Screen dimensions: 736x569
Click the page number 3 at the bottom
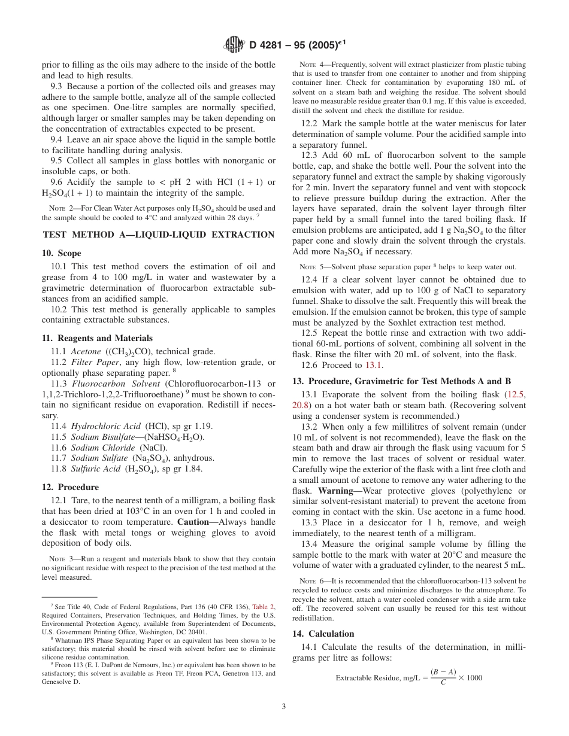(x=284, y=706)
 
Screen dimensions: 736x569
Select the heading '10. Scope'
(x=61, y=254)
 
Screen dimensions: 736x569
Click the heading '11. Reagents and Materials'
(x=97, y=338)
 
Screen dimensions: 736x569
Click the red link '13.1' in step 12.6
(x=374, y=366)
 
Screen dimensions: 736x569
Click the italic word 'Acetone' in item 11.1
(x=86, y=351)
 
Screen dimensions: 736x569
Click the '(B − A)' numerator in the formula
(x=443, y=672)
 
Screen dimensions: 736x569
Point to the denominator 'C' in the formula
(x=443, y=683)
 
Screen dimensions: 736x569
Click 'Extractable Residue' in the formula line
(x=365, y=678)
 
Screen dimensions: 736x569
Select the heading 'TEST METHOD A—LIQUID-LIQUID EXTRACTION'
(x=158, y=235)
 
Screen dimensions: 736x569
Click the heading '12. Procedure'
(x=70, y=487)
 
